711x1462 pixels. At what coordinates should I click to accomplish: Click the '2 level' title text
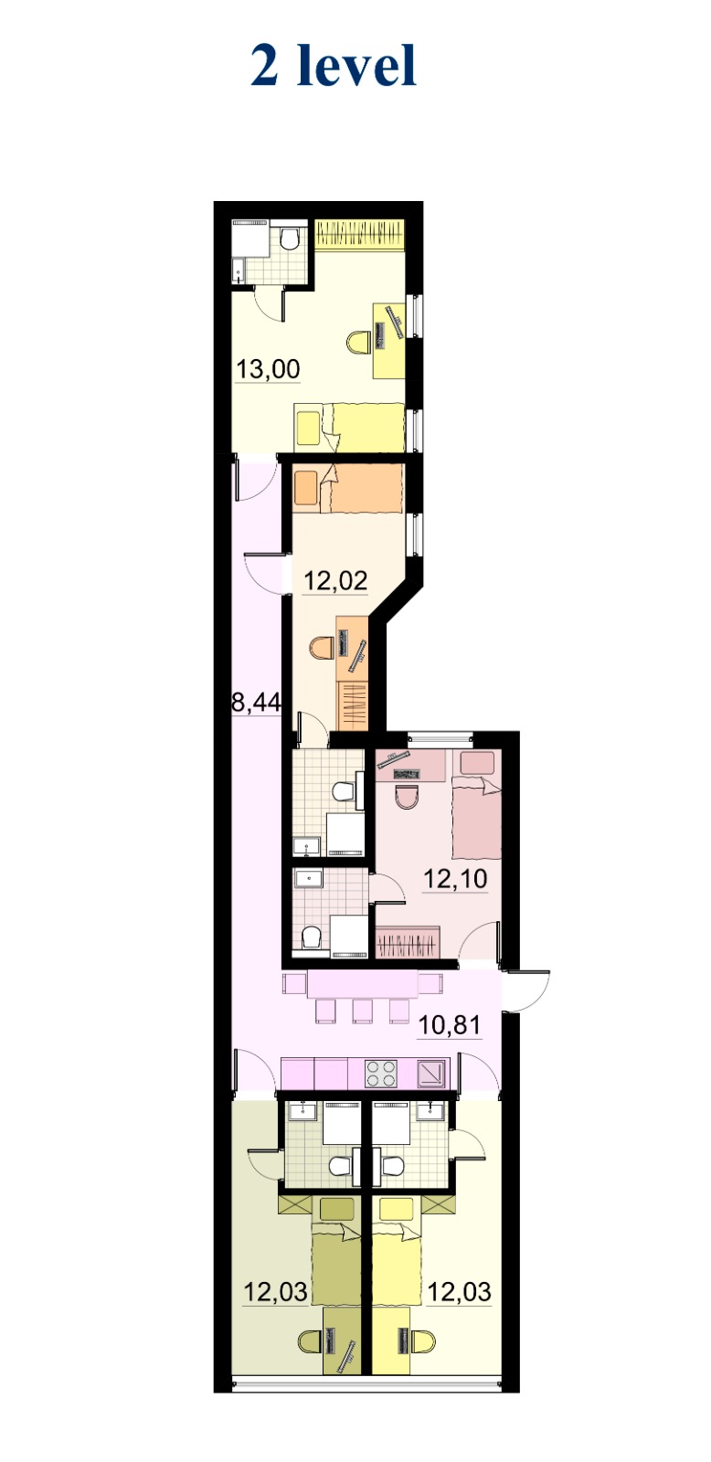coord(334,66)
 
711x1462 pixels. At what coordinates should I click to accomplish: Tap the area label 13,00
coord(268,369)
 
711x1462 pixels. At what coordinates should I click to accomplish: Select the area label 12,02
coord(335,580)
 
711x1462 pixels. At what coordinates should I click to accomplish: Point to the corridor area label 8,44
coord(257,703)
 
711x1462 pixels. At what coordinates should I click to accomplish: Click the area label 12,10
coord(456,879)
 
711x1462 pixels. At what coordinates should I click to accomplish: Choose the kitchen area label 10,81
coord(450,1025)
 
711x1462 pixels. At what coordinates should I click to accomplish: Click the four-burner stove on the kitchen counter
coord(381,1073)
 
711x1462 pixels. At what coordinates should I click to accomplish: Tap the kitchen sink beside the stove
coord(433,1073)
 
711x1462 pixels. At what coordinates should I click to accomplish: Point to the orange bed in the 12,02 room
coord(347,488)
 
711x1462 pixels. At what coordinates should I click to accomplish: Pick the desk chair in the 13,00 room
coord(358,342)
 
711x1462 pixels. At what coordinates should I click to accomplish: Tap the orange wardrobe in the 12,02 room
coord(353,705)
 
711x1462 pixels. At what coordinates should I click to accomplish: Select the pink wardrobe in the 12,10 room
coord(406,942)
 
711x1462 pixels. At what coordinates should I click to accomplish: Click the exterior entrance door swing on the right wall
coord(527,991)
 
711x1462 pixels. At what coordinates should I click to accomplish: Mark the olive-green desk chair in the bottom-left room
coord(310,1342)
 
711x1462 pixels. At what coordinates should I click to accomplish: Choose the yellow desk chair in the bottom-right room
coord(423,1342)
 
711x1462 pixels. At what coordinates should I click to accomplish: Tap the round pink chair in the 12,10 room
coord(406,798)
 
